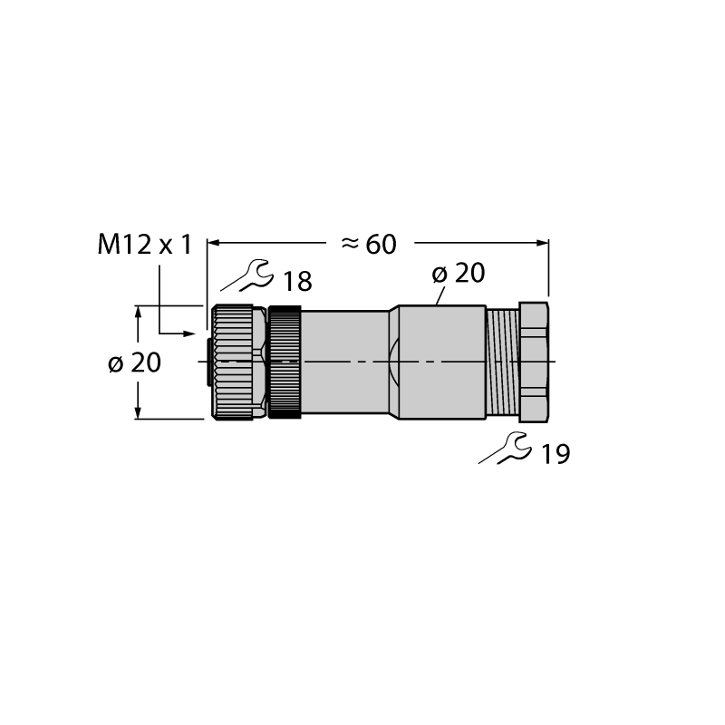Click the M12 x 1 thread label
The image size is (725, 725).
pyautogui.click(x=144, y=245)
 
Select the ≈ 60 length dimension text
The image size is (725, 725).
pyautogui.click(x=369, y=244)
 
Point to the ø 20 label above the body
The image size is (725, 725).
pyautogui.click(x=459, y=273)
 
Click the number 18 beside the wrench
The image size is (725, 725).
pyautogui.click(x=297, y=281)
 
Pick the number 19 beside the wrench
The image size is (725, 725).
pyautogui.click(x=556, y=454)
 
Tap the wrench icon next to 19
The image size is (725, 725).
pyautogui.click(x=505, y=448)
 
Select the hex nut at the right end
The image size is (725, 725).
pyautogui.click(x=534, y=362)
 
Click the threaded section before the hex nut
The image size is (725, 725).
pyautogui.click(x=503, y=362)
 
